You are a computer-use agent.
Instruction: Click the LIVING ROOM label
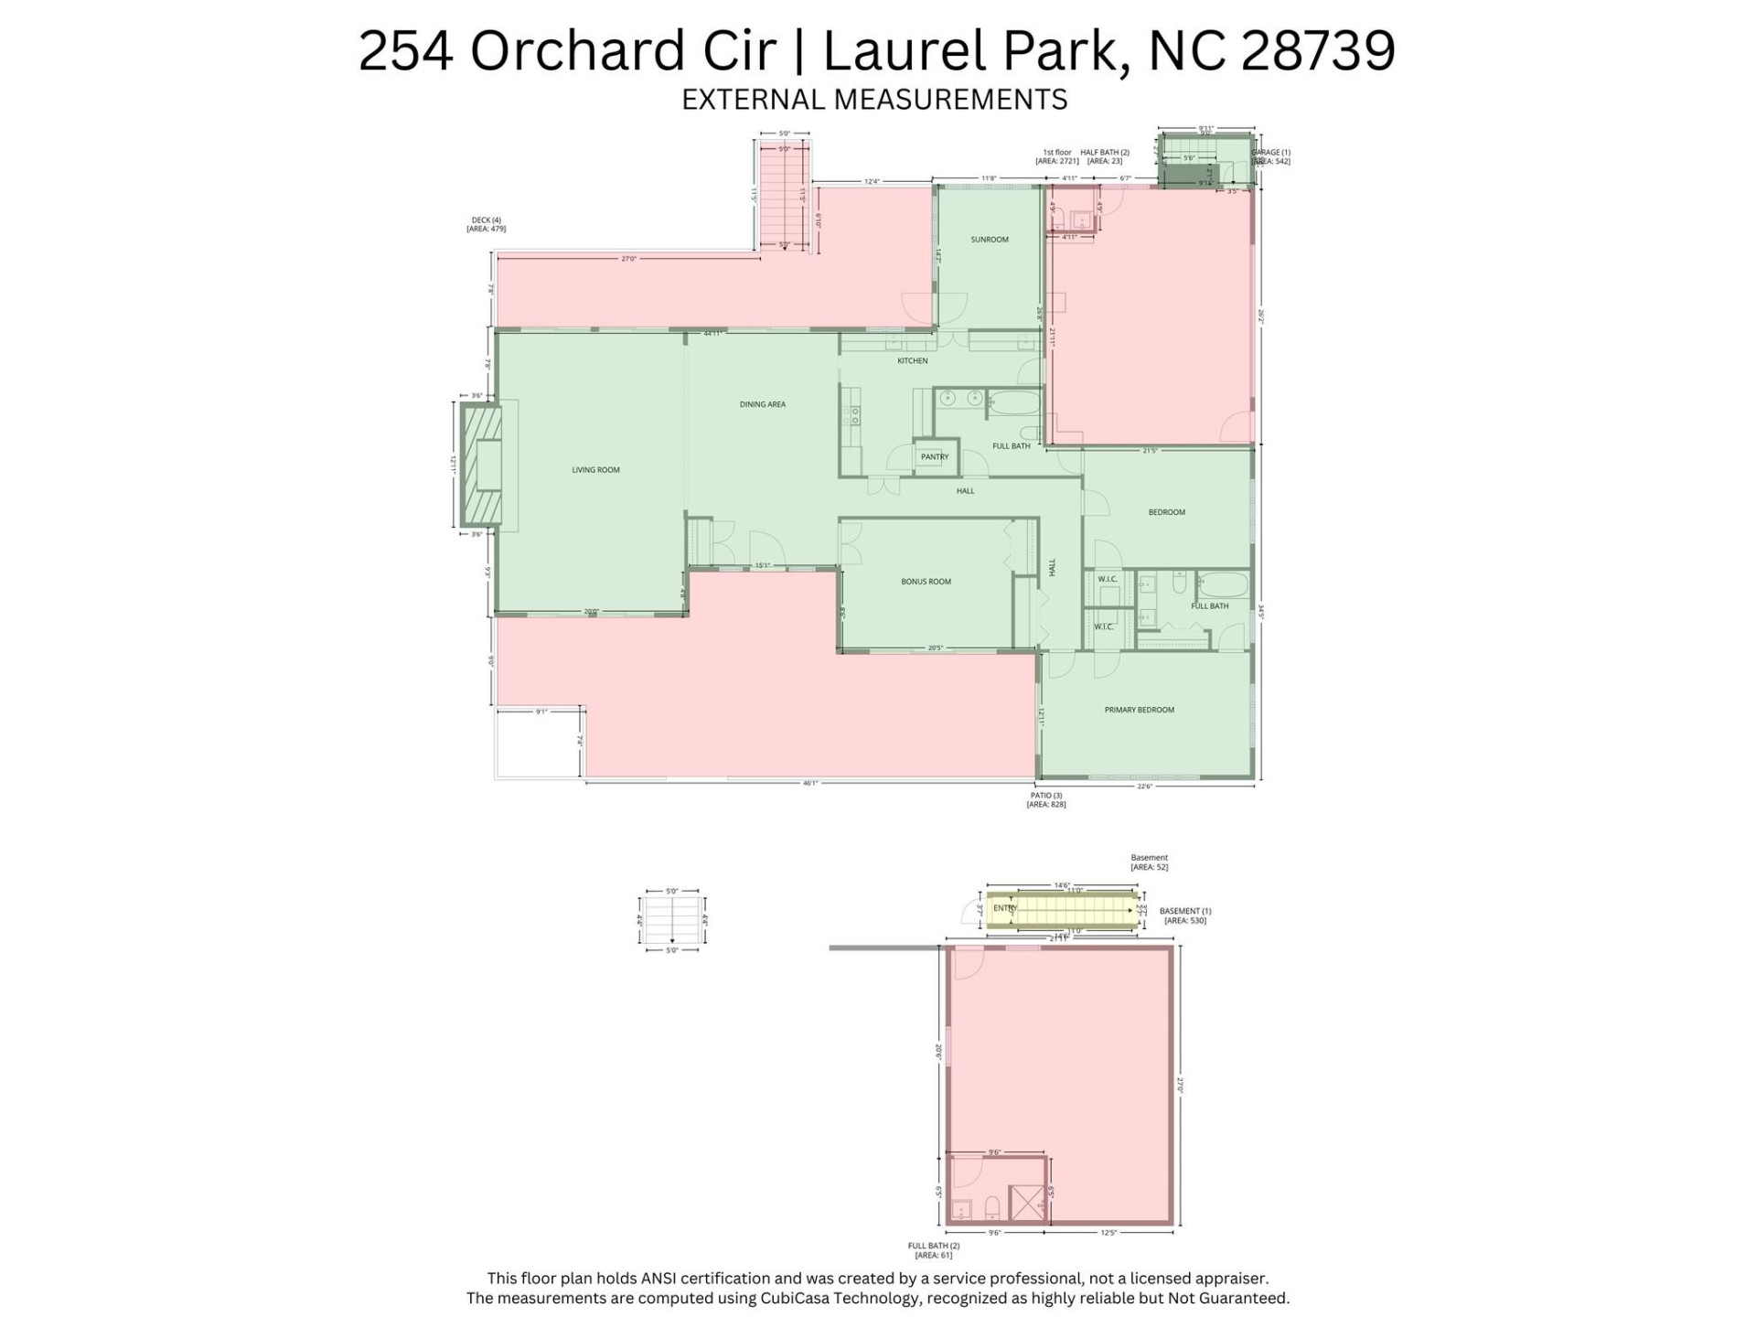tap(595, 470)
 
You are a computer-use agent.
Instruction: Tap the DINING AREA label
tap(762, 404)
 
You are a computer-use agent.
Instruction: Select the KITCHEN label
tap(912, 361)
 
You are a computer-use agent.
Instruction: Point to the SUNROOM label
tap(990, 240)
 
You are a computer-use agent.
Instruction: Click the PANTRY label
tap(935, 457)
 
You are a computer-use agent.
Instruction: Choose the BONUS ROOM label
tap(926, 582)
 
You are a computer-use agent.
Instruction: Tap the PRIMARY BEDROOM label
tap(1139, 710)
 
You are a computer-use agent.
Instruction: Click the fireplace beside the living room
tap(482, 466)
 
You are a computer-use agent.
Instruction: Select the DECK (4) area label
tap(486, 224)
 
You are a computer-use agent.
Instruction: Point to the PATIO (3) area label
tap(1046, 800)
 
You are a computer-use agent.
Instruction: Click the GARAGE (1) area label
tap(1270, 156)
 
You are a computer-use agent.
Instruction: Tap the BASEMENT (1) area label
tap(1185, 915)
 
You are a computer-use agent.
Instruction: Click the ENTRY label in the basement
tap(1004, 908)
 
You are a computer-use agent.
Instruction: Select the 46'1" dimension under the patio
tap(809, 784)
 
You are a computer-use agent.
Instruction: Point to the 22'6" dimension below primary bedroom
tap(1144, 786)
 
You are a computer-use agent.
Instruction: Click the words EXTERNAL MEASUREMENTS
tap(874, 99)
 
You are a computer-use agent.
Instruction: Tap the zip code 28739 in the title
tap(1318, 51)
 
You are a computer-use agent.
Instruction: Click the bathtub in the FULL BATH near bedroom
tap(1223, 584)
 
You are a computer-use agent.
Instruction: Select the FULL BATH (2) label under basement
tap(933, 1250)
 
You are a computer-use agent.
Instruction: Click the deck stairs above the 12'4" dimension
tap(784, 196)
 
